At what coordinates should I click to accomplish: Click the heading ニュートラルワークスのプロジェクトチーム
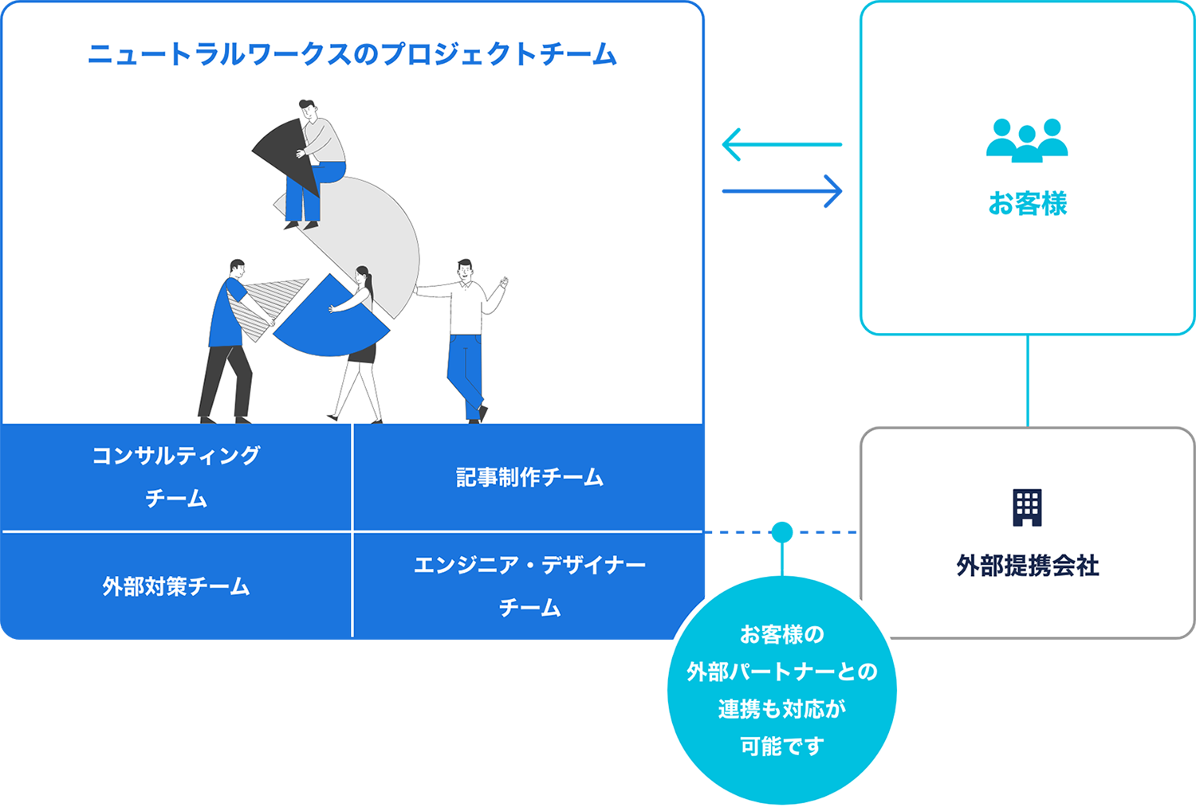pyautogui.click(x=352, y=54)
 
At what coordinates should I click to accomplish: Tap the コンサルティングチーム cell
pyautogui.click(x=176, y=476)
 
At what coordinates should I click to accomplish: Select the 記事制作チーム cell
pyautogui.click(x=529, y=477)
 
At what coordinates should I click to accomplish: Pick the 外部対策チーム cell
pyautogui.click(x=176, y=586)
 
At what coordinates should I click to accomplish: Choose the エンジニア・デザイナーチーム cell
pyautogui.click(x=529, y=586)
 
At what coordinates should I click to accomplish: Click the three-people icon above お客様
pyautogui.click(x=1027, y=140)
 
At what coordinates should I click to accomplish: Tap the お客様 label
pyautogui.click(x=1027, y=204)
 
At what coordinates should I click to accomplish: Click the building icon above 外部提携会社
pyautogui.click(x=1027, y=507)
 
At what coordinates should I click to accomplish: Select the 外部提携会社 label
pyautogui.click(x=1027, y=566)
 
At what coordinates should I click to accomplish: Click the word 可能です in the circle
pyautogui.click(x=781, y=746)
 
